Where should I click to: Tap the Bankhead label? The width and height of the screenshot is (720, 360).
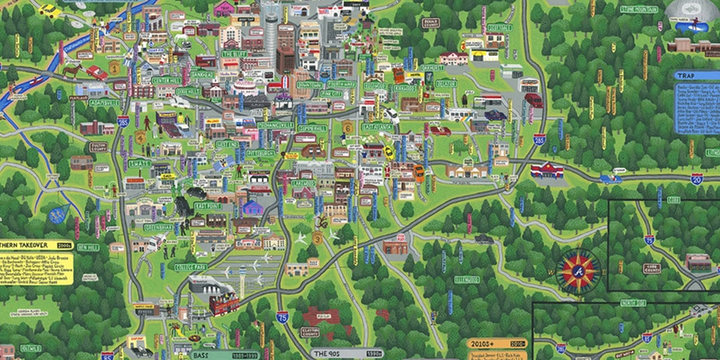coord(202,76)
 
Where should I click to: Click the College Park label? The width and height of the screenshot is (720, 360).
coord(190,267)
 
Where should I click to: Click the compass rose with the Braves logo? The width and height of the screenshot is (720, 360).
coord(578,270)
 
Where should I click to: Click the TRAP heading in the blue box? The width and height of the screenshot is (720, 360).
coord(684,76)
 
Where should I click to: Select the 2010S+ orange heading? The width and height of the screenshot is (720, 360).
coord(484,343)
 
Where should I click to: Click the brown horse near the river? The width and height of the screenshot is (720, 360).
coord(72,70)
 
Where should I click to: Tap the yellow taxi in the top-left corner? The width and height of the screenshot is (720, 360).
coord(49,9)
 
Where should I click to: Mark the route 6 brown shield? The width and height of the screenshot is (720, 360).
coord(347,127)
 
